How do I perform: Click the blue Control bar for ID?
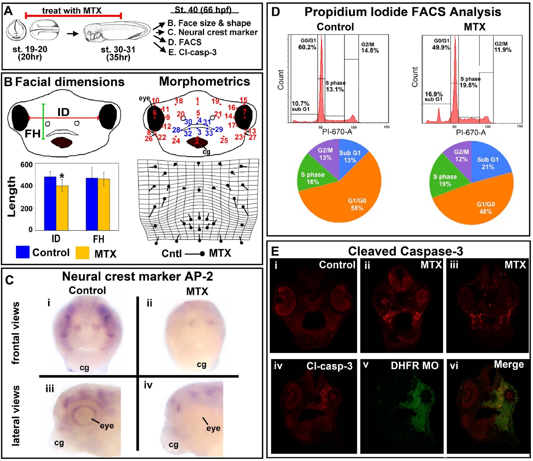pos(50,203)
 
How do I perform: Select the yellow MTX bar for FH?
pos(104,204)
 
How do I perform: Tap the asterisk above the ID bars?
pos(62,176)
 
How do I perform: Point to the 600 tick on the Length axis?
pos(27,164)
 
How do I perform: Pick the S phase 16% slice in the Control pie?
pos(313,178)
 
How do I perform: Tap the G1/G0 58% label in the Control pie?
pos(357,204)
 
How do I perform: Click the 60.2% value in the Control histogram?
pos(307,47)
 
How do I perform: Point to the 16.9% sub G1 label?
pos(434,94)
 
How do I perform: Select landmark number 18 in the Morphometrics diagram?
pos(179,101)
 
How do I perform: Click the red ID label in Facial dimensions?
pos(63,112)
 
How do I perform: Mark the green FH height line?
pos(43,121)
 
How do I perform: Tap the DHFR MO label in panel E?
pos(414,366)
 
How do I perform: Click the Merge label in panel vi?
pos(508,364)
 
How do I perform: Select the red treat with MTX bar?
pos(73,16)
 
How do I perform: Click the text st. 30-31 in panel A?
pos(118,50)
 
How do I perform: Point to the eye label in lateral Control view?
pos(107,426)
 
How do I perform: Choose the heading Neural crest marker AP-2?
pos(137,276)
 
